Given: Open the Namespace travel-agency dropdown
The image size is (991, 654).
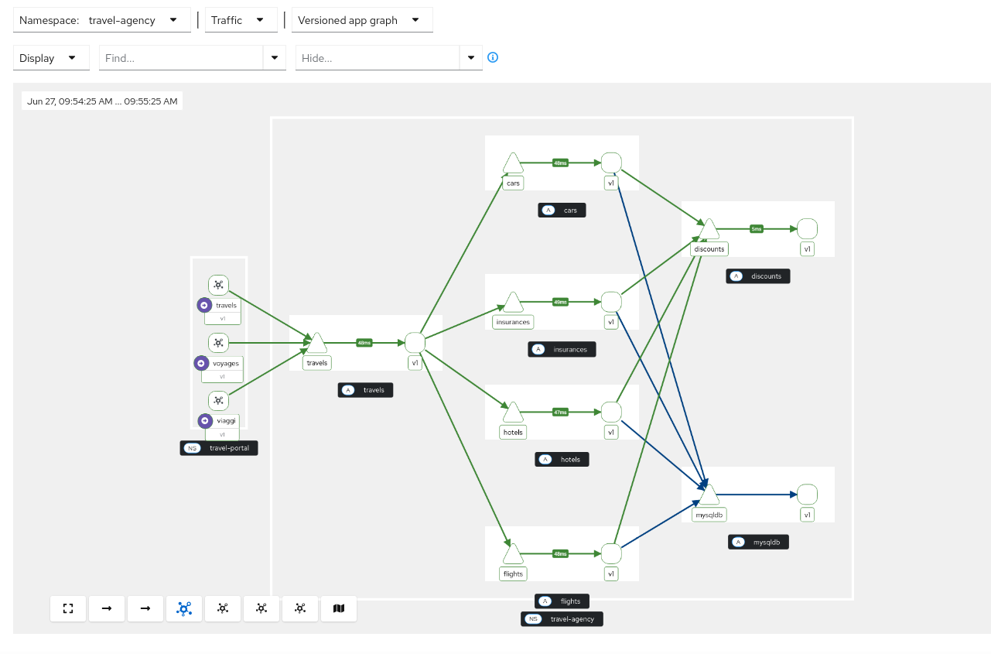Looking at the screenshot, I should coord(102,20).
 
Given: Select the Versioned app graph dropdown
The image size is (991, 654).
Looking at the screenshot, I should coord(361,20).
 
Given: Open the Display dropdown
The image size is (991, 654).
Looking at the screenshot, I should coord(51,58).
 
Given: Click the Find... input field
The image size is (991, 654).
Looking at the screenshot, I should coord(183,58).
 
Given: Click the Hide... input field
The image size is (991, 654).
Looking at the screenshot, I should coord(378,58).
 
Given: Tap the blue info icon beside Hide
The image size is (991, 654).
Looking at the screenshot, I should coord(493,57).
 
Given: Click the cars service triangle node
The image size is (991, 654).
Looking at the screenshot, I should coord(513,164).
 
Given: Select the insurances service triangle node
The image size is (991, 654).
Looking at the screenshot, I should coord(513,303).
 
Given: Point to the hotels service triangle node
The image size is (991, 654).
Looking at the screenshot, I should coord(513,413).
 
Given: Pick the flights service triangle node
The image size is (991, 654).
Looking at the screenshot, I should coord(513,555).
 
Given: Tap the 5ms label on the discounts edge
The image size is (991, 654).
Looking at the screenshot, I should coord(757,229).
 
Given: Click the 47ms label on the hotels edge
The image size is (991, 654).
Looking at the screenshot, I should coord(560,413).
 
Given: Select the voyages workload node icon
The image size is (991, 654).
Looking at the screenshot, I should coord(219,342).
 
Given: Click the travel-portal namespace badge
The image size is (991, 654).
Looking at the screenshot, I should coord(219,448).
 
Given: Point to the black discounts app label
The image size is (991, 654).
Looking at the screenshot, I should coord(758,276).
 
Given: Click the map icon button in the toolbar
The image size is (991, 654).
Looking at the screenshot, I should coord(338,608).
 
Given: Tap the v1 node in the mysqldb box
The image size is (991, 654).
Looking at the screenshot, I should coord(807,495).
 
